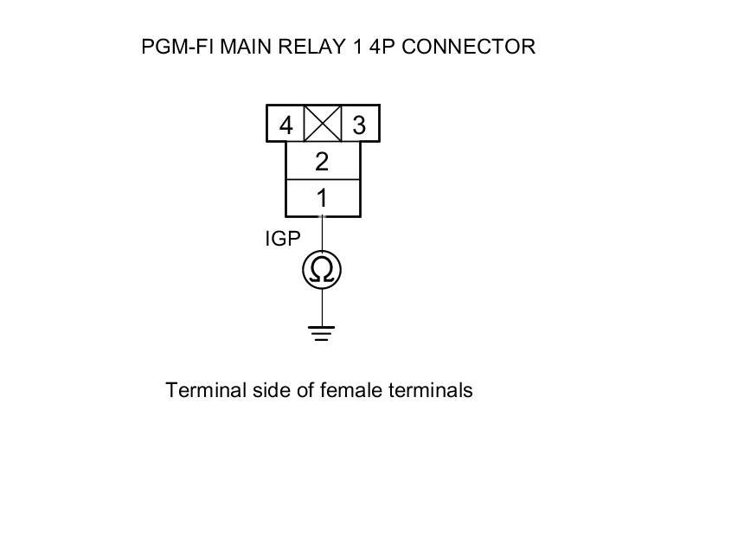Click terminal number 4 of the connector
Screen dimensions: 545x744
tap(285, 125)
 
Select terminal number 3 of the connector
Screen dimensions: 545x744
tap(359, 125)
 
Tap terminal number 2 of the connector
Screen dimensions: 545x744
tap(322, 162)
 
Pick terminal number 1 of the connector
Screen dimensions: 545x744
tap(322, 198)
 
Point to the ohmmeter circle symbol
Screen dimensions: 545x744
tap(322, 271)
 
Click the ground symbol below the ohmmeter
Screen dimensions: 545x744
tap(322, 333)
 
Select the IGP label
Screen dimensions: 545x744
tap(282, 239)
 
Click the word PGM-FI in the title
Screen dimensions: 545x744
tap(177, 47)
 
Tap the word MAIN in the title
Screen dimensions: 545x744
tap(247, 47)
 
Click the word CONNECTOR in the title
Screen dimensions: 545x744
tap(469, 47)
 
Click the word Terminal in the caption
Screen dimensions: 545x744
tap(197, 390)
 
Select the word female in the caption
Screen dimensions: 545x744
tap(349, 390)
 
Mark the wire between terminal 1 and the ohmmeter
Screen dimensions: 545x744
tap(322, 234)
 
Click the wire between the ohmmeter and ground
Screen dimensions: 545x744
tap(322, 307)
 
